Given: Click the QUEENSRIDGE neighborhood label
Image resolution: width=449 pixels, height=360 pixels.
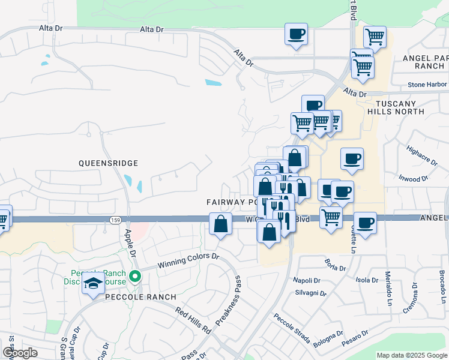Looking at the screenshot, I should point(108,163).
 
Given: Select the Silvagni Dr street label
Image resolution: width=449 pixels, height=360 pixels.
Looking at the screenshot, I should point(310,294).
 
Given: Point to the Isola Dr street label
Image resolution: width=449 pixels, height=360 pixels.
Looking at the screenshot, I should point(367,280).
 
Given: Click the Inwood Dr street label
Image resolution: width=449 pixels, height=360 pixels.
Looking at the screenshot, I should point(414,178).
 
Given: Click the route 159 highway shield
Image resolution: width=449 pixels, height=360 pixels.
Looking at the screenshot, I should point(115,220).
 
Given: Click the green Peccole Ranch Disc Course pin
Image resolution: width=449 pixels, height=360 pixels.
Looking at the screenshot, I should point(136,277).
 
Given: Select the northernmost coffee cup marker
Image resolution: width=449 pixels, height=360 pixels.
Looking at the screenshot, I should point(295,34).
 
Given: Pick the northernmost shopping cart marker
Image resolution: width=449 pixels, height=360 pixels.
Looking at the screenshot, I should point(375,37).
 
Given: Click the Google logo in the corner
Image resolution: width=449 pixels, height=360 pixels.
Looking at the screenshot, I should point(20,353).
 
